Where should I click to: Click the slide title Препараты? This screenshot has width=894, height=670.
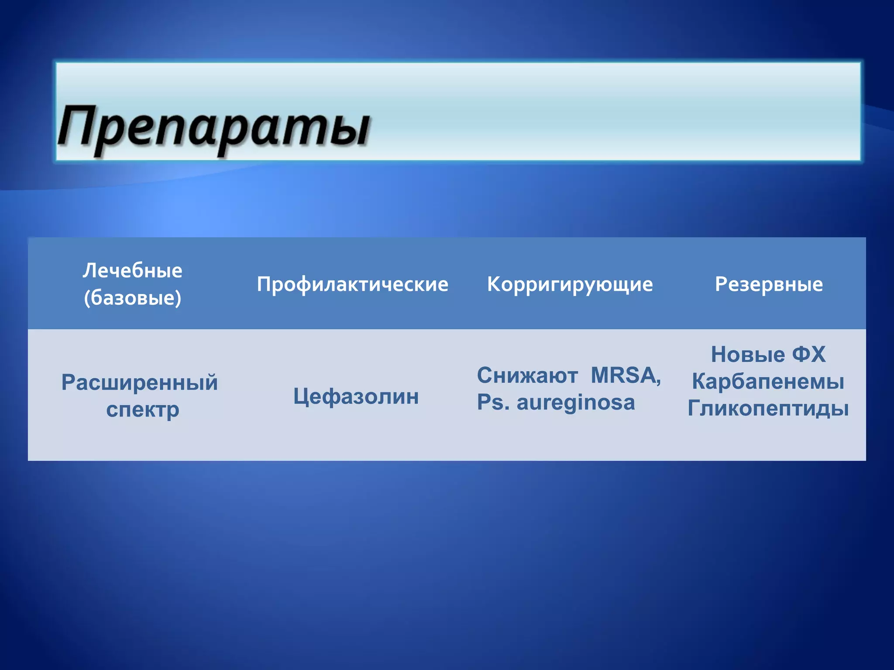[214, 126]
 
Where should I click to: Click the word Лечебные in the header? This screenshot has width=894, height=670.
[132, 270]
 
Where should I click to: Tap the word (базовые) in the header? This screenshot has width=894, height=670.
[132, 298]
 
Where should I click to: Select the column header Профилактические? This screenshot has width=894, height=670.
[352, 284]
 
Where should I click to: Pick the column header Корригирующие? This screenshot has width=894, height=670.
[570, 284]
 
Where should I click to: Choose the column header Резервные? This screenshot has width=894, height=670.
[769, 284]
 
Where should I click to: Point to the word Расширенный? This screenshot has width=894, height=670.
[139, 383]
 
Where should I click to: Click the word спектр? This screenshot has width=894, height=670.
[143, 410]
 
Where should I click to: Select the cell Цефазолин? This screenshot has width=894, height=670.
[356, 397]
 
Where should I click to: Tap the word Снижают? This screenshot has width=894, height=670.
[527, 376]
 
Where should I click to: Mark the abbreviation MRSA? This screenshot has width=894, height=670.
[623, 375]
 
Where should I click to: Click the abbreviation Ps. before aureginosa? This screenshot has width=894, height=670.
[493, 402]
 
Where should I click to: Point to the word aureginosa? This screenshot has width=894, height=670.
[576, 403]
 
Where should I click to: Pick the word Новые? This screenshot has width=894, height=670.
[748, 354]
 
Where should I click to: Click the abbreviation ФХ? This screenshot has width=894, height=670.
[809, 354]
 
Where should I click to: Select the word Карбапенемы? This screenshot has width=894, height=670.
[768, 382]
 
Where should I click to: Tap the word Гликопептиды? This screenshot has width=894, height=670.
[768, 409]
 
